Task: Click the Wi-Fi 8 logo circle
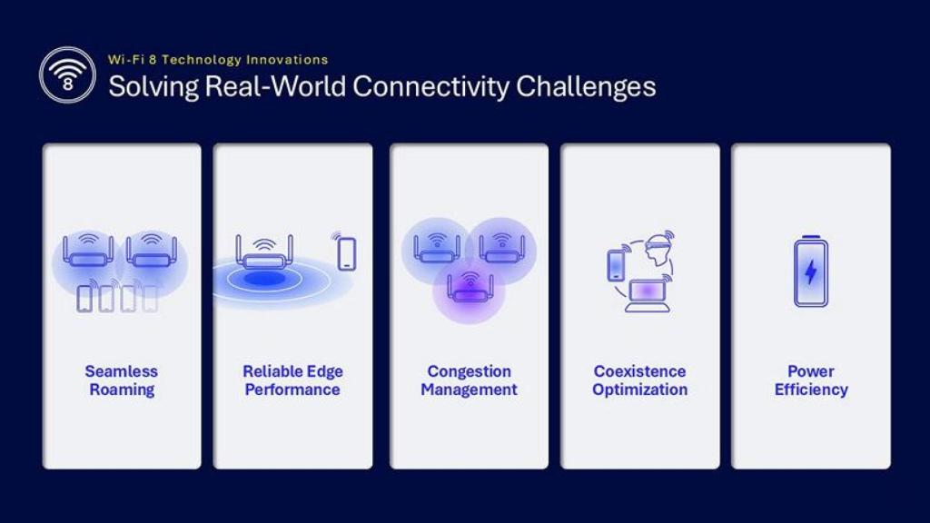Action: [x=67, y=74]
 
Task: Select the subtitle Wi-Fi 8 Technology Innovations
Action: [x=218, y=60]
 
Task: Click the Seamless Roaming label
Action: [x=121, y=380]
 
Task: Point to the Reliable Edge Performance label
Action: [x=292, y=380]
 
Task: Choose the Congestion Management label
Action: [x=469, y=380]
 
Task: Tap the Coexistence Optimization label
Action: [x=639, y=380]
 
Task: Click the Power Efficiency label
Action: [x=811, y=380]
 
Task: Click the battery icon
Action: [x=811, y=271]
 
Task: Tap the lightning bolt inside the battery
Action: [x=811, y=272]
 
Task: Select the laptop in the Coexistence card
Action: [x=648, y=296]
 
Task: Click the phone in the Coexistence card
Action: [x=616, y=264]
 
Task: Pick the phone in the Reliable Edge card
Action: [x=346, y=252]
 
